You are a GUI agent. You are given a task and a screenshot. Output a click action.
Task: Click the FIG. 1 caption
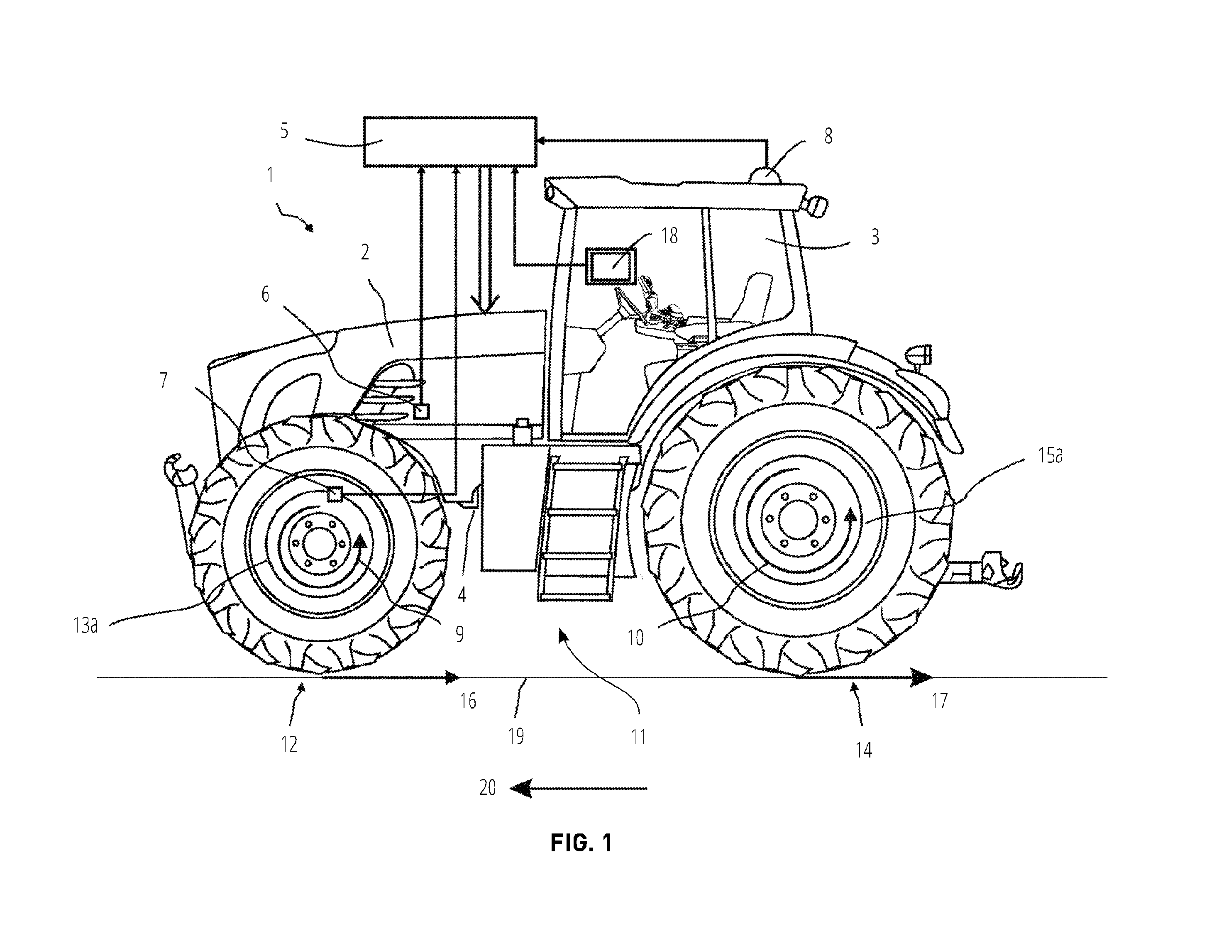pyautogui.click(x=581, y=843)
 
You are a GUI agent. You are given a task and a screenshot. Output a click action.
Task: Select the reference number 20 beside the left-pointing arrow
pyautogui.click(x=488, y=787)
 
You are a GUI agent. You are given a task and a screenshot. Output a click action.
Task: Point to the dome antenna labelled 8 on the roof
pyautogui.click(x=766, y=174)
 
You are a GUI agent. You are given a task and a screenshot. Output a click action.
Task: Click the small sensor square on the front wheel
pyautogui.click(x=335, y=493)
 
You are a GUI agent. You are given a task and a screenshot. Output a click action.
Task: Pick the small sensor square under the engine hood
pyautogui.click(x=422, y=411)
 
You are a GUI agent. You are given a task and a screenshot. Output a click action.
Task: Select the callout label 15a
pyautogui.click(x=1050, y=455)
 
